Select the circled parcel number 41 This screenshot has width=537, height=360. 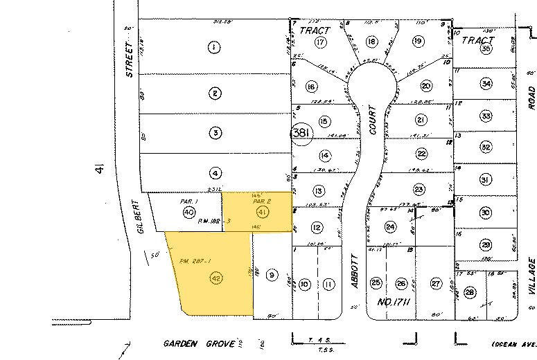point(262,211)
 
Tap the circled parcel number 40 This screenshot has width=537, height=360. point(188,212)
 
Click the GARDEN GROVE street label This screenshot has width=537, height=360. point(191,343)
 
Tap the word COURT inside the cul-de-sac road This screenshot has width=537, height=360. point(372,120)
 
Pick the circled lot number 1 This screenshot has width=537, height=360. point(215,47)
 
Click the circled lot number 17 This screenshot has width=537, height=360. point(319,42)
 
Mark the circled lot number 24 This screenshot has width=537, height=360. point(391,226)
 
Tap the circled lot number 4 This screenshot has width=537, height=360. point(216,173)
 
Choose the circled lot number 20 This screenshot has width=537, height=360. point(426,86)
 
